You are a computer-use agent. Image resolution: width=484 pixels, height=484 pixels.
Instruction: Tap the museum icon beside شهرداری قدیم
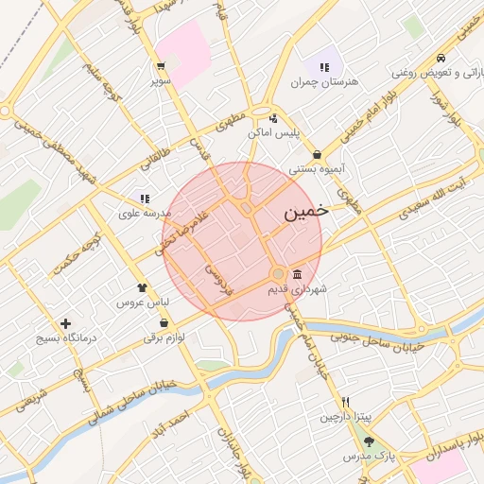click(x=298, y=273)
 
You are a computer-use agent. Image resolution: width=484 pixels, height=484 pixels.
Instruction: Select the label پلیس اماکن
click(x=273, y=133)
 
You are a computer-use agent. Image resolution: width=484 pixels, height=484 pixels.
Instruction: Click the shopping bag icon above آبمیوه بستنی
click(x=316, y=155)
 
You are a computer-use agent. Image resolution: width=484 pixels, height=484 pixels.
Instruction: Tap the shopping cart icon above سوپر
click(x=161, y=66)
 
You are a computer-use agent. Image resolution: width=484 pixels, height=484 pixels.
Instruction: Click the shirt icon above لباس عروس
click(x=142, y=287)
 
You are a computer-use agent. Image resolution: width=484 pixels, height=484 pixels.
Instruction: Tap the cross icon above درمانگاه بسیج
click(x=65, y=323)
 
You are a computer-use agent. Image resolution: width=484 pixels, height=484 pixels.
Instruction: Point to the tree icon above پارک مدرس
click(x=369, y=441)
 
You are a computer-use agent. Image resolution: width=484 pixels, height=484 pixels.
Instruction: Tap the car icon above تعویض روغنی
click(x=441, y=56)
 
